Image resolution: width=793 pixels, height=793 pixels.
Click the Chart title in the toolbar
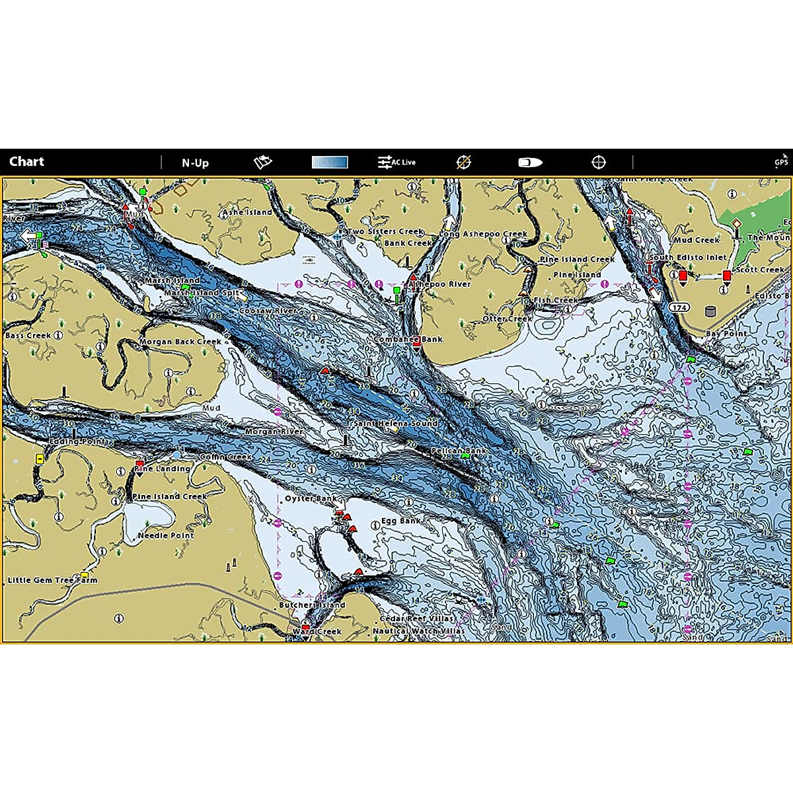point(26,162)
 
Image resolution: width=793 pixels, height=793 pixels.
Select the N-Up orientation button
point(195,163)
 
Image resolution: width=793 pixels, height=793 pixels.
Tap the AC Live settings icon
point(397,162)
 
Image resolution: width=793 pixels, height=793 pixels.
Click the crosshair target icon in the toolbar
point(598,163)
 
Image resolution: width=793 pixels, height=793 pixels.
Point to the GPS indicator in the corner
point(781,161)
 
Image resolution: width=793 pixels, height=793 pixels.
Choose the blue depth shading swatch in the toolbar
point(330,163)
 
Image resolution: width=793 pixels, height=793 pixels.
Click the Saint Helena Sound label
point(395,423)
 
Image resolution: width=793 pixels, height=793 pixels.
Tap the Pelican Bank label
point(459,451)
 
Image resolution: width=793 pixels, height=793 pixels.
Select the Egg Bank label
point(400,521)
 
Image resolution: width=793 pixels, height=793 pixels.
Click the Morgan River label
point(274,432)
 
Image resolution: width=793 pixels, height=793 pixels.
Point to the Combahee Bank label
point(408,340)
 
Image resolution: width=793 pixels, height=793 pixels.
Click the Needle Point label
point(166,535)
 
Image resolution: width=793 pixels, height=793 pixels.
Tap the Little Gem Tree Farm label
point(52,580)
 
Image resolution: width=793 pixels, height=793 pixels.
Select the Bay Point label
point(726,334)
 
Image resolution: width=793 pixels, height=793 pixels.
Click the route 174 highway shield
point(679,308)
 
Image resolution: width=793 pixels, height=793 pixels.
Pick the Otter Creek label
point(508,319)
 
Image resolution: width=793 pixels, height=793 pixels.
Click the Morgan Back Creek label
point(180,342)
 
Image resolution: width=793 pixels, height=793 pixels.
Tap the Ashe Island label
point(247,212)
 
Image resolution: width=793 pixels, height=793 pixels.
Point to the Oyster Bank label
point(311,499)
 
